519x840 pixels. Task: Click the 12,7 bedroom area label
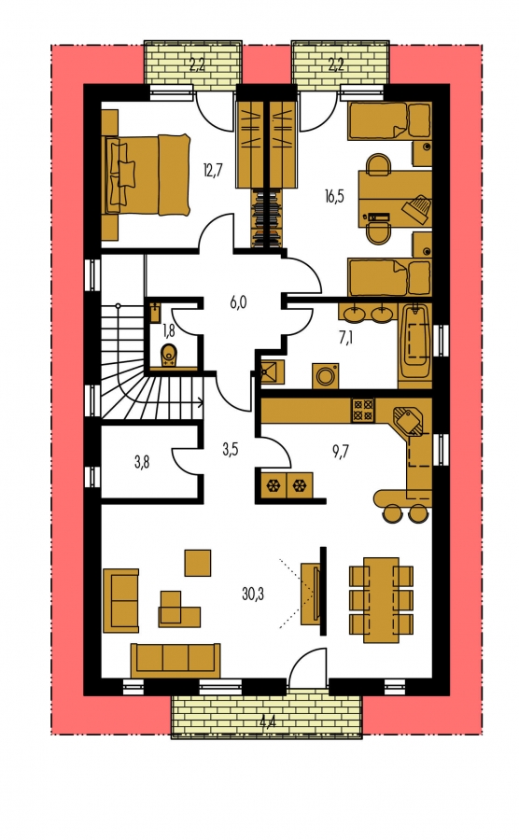pyautogui.click(x=212, y=171)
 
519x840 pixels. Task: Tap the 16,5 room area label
pyautogui.click(x=334, y=196)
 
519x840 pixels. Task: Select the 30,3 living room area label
pyautogui.click(x=253, y=594)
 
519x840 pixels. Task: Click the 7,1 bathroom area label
pyautogui.click(x=345, y=339)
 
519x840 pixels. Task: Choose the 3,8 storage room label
pyautogui.click(x=142, y=461)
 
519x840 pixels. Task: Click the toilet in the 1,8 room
pyautogui.click(x=169, y=354)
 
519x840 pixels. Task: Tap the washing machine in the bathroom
pyautogui.click(x=325, y=375)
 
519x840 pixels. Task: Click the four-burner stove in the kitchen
pyautogui.click(x=363, y=410)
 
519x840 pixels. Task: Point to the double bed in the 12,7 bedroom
pyautogui.click(x=148, y=175)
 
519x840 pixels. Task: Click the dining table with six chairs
pyautogui.click(x=381, y=599)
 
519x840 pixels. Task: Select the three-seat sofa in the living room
pyautogui.click(x=175, y=660)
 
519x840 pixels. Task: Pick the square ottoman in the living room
pyautogui.click(x=198, y=563)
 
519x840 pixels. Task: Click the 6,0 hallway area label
pyautogui.click(x=238, y=302)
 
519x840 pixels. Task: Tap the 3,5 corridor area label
pyautogui.click(x=231, y=449)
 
